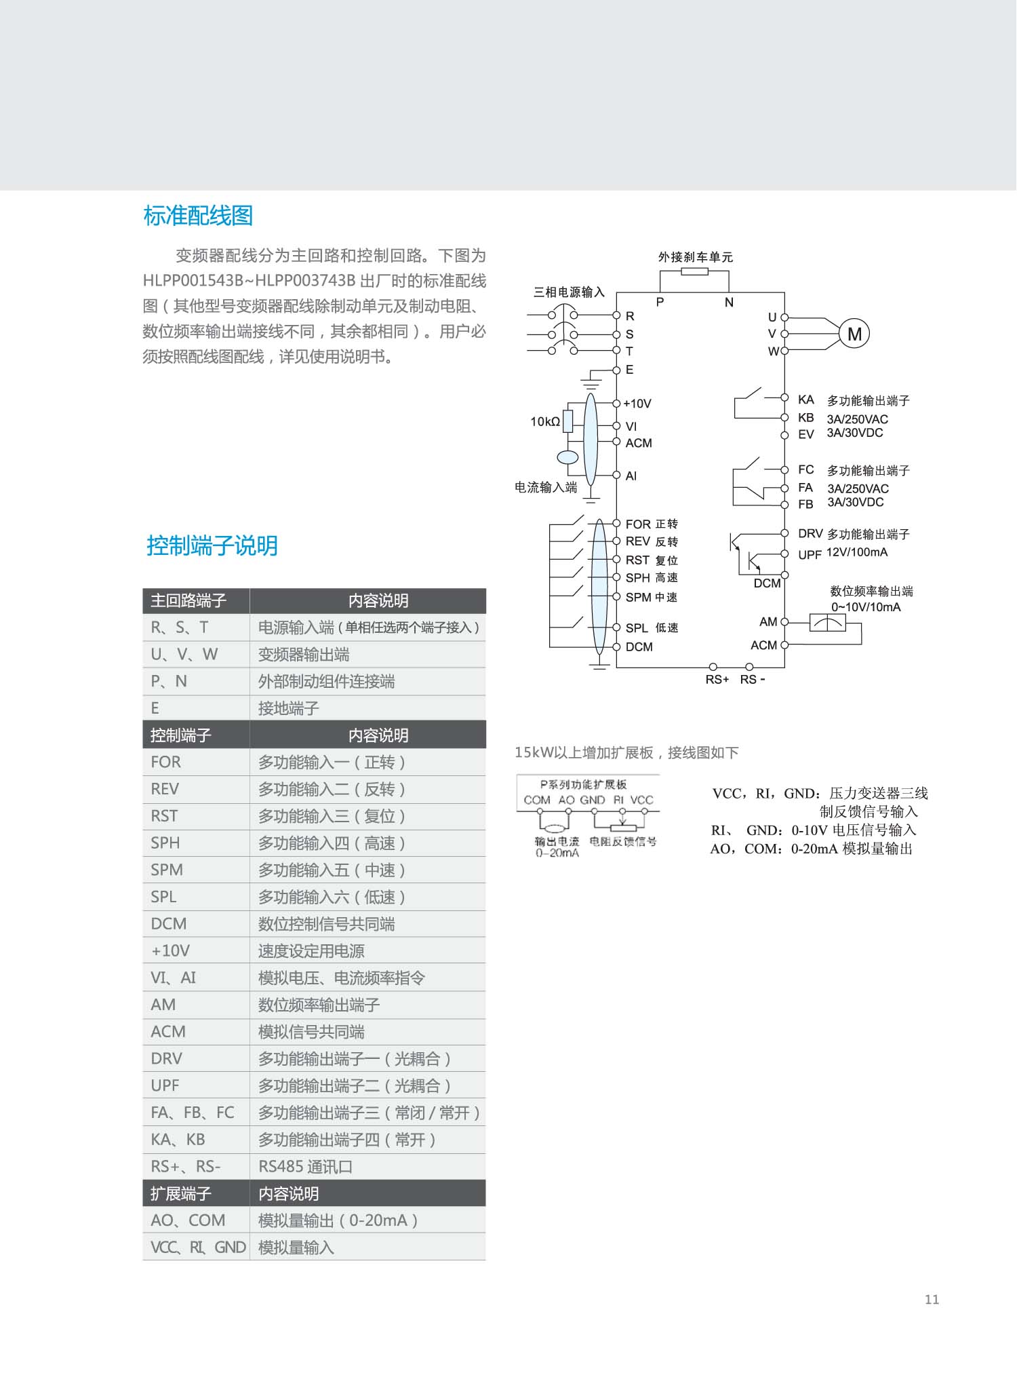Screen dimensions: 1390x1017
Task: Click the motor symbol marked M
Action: click(854, 334)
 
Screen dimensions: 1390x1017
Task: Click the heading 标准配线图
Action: click(198, 216)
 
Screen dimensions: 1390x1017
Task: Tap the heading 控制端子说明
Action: click(212, 545)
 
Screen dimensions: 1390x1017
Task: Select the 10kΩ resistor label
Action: click(545, 421)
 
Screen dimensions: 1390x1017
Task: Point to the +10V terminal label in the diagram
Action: click(637, 404)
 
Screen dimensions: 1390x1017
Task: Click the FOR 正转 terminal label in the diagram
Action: click(651, 524)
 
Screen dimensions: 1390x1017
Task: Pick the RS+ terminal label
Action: click(717, 679)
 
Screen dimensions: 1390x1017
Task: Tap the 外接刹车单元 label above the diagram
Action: click(695, 257)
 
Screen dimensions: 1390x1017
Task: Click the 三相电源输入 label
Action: click(568, 292)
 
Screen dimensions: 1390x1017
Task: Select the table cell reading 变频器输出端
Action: click(304, 655)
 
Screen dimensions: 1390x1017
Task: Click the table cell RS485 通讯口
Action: click(305, 1166)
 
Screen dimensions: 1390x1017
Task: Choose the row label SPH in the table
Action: click(165, 843)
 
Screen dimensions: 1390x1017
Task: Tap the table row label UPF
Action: click(165, 1085)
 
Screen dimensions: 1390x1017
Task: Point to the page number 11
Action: click(932, 1299)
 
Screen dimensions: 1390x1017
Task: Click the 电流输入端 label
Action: click(546, 487)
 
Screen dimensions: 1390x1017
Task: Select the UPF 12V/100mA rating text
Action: click(856, 552)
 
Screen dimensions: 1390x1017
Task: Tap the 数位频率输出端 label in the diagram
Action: click(871, 591)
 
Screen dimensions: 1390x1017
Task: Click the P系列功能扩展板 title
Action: click(583, 784)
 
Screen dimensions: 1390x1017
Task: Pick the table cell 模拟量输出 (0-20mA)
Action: click(338, 1220)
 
